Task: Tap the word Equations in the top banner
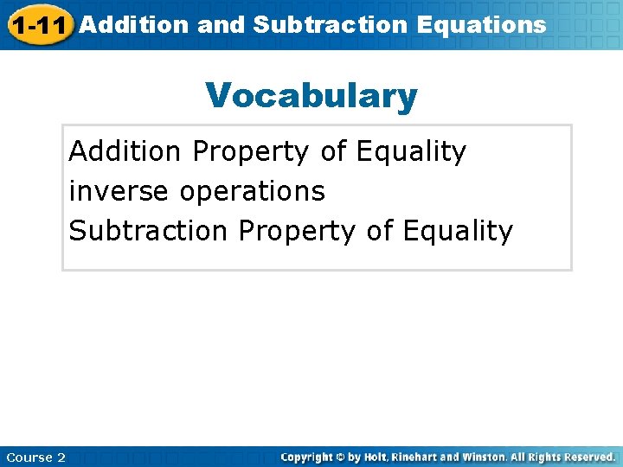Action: coord(481,24)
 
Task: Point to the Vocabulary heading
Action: coord(311,96)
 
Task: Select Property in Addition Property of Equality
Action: coord(251,152)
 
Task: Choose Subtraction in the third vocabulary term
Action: coord(149,231)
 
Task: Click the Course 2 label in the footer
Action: coord(35,457)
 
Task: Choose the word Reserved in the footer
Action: coord(588,457)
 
